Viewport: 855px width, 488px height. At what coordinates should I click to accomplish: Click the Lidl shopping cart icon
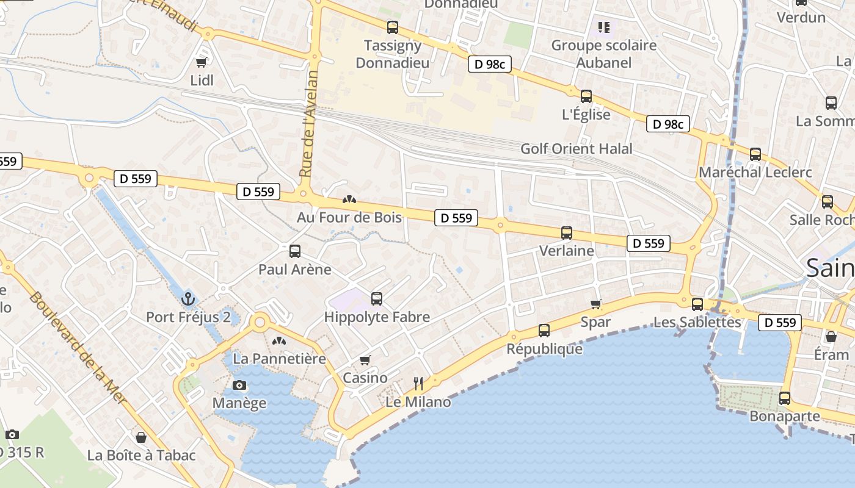click(x=201, y=62)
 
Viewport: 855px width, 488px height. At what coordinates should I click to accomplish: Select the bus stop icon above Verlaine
click(x=567, y=232)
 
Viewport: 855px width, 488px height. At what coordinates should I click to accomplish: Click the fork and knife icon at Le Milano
click(x=418, y=383)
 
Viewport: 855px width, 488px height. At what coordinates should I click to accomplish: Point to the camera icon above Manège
click(x=239, y=385)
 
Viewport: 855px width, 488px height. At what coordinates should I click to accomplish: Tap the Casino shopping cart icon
click(x=365, y=360)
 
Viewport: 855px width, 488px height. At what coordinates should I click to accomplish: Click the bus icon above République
click(x=544, y=331)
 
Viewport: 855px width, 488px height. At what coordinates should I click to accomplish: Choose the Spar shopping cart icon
click(x=596, y=304)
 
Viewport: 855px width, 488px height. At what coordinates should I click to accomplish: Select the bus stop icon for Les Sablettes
click(x=697, y=304)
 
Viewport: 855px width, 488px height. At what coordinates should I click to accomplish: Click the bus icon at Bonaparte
click(x=785, y=398)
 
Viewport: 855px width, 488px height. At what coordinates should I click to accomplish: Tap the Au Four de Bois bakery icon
click(x=349, y=199)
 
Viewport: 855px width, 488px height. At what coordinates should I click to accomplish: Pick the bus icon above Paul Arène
click(x=295, y=251)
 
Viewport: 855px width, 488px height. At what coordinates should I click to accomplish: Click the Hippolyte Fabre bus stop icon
click(x=377, y=299)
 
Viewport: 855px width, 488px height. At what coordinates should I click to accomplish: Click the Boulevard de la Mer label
click(x=78, y=348)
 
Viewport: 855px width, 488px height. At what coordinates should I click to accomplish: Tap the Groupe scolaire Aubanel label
click(x=603, y=54)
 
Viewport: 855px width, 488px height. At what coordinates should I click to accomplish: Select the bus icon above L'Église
click(x=586, y=96)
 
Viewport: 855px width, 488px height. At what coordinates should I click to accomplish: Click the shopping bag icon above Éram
click(x=831, y=336)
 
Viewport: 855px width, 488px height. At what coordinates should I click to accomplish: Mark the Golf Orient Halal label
click(x=576, y=149)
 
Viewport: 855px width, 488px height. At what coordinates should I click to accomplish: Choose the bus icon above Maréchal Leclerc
click(x=755, y=154)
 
